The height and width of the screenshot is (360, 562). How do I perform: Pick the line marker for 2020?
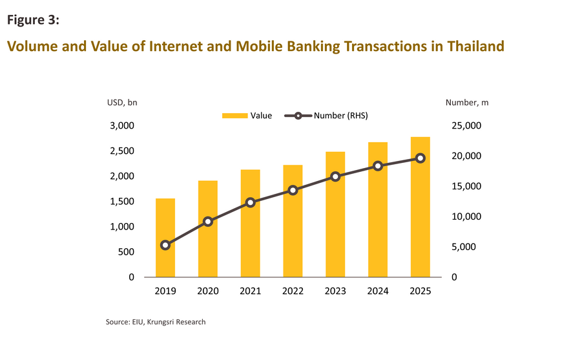click(208, 222)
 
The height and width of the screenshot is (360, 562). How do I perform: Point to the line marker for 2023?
click(335, 176)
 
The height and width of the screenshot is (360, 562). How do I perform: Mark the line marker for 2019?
click(165, 245)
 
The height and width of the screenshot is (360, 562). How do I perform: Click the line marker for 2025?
click(420, 158)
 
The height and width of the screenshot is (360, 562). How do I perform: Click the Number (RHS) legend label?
click(340, 116)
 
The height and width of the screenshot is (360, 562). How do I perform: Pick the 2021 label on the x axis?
click(250, 291)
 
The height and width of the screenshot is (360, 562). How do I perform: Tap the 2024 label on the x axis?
click(377, 291)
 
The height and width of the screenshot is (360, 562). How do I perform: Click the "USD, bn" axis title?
click(122, 102)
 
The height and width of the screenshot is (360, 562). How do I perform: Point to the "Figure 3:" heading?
click(34, 19)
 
